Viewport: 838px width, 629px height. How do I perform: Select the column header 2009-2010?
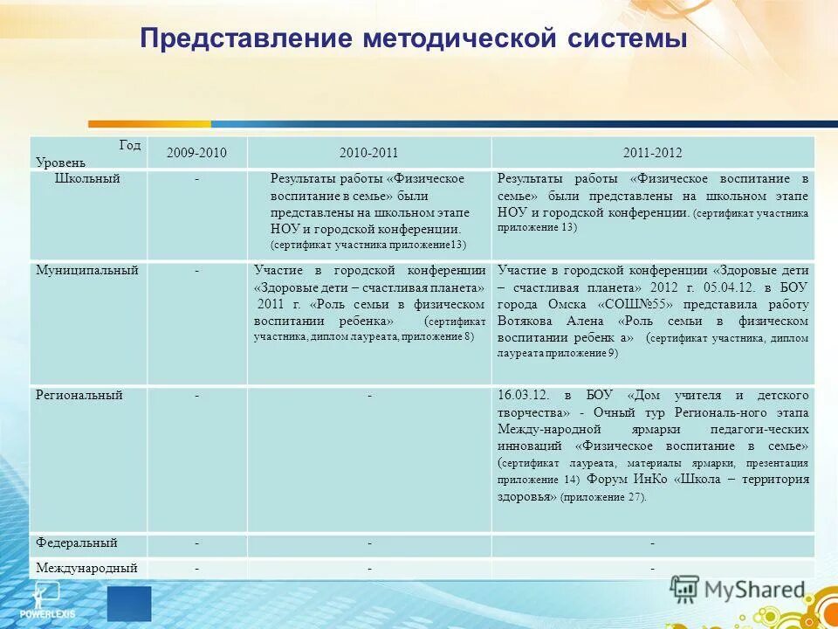click(x=197, y=153)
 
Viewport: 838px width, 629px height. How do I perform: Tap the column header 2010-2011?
click(x=369, y=153)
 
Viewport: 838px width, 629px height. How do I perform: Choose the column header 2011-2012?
click(x=652, y=153)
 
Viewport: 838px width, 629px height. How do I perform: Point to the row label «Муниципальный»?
click(x=86, y=271)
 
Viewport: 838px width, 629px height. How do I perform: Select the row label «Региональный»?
click(x=79, y=395)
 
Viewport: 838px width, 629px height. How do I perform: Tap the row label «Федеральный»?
click(x=77, y=543)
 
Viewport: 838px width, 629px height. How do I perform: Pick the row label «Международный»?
click(x=86, y=568)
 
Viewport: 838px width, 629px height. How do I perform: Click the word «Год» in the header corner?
click(x=130, y=145)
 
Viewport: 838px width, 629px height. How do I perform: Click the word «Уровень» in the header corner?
click(x=61, y=162)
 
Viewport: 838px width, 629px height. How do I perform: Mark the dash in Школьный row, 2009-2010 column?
click(x=197, y=178)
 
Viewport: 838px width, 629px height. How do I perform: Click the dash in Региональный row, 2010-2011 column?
click(x=369, y=396)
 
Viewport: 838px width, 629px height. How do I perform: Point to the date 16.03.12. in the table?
click(x=525, y=396)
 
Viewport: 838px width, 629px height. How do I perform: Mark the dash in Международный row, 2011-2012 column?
click(x=652, y=569)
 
